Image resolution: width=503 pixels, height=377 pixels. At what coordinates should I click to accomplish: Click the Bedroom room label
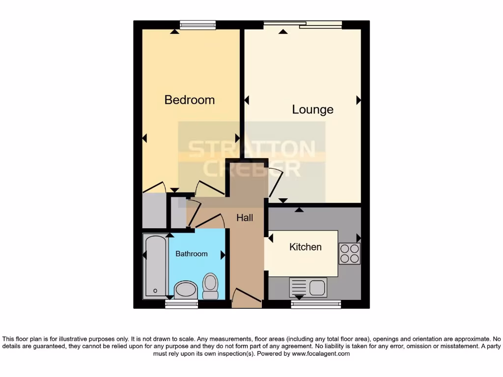coord(189,100)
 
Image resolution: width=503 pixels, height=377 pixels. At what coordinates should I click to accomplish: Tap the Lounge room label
coord(312,109)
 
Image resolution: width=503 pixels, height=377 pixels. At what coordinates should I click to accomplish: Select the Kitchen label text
coord(305,247)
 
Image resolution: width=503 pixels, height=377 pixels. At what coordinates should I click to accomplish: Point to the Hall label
coord(245,217)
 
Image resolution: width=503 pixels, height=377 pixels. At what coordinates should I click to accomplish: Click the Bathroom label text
coord(192,254)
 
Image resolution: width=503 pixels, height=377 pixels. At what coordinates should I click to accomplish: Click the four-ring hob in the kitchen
coord(349,253)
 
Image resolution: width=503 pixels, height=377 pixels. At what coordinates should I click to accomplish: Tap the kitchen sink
coord(308,287)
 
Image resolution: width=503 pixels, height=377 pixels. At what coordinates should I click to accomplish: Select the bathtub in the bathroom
coord(155,267)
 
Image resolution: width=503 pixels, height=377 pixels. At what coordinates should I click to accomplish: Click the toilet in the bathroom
coord(210,286)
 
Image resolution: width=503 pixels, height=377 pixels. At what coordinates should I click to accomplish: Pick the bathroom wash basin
coord(185,290)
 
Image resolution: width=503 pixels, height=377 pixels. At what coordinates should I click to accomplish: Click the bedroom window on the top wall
coord(197,25)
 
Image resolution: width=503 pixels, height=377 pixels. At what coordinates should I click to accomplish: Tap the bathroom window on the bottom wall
coord(181,304)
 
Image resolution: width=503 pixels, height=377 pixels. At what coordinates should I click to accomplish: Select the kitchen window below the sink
coord(316,304)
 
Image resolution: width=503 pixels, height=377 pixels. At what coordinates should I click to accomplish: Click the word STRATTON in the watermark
coord(252,149)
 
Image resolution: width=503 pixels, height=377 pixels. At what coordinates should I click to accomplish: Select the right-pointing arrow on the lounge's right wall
coord(359,100)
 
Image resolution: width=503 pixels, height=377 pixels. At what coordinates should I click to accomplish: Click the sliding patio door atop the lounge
coord(303,25)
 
